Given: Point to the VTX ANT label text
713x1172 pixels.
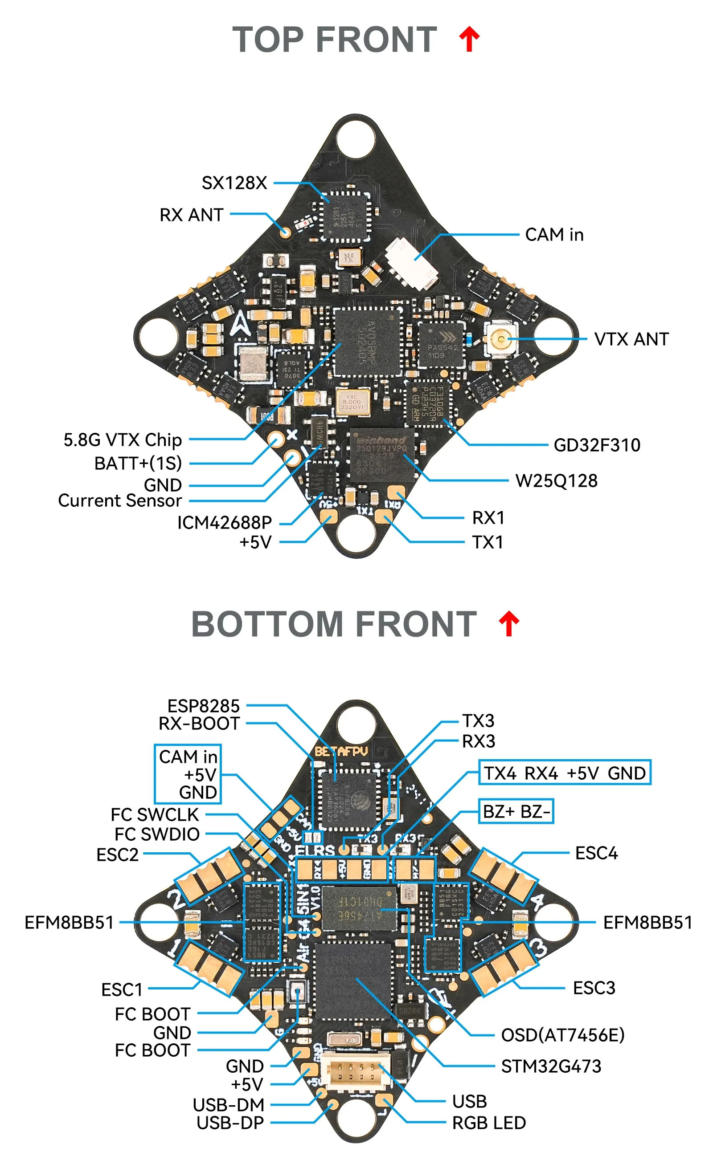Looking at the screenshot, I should pyautogui.click(x=631, y=340).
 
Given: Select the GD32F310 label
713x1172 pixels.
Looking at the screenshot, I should pyautogui.click(x=596, y=445).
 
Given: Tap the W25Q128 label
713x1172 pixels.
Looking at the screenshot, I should pyautogui.click(x=556, y=481).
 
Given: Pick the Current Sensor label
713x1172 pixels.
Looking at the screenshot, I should pyautogui.click(x=119, y=501).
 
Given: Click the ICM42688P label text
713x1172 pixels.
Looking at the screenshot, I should pyautogui.click(x=224, y=523).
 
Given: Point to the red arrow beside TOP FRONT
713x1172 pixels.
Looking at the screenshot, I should pyautogui.click(x=469, y=39).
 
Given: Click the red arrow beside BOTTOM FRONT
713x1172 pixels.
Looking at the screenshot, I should pyautogui.click(x=508, y=623).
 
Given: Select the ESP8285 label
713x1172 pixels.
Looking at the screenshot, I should pyautogui.click(x=203, y=706).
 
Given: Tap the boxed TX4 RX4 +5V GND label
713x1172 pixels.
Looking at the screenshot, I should pyautogui.click(x=564, y=773).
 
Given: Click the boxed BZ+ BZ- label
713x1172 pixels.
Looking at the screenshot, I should pyautogui.click(x=516, y=811).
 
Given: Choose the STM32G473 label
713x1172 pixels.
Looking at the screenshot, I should pyautogui.click(x=551, y=1066).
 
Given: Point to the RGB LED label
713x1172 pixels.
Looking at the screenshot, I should pyautogui.click(x=488, y=1123).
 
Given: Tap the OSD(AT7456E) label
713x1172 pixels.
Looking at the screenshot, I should pyautogui.click(x=562, y=1035).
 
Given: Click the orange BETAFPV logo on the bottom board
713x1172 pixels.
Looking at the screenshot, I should pyautogui.click(x=341, y=752).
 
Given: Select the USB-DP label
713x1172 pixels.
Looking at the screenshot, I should pyautogui.click(x=230, y=1123).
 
